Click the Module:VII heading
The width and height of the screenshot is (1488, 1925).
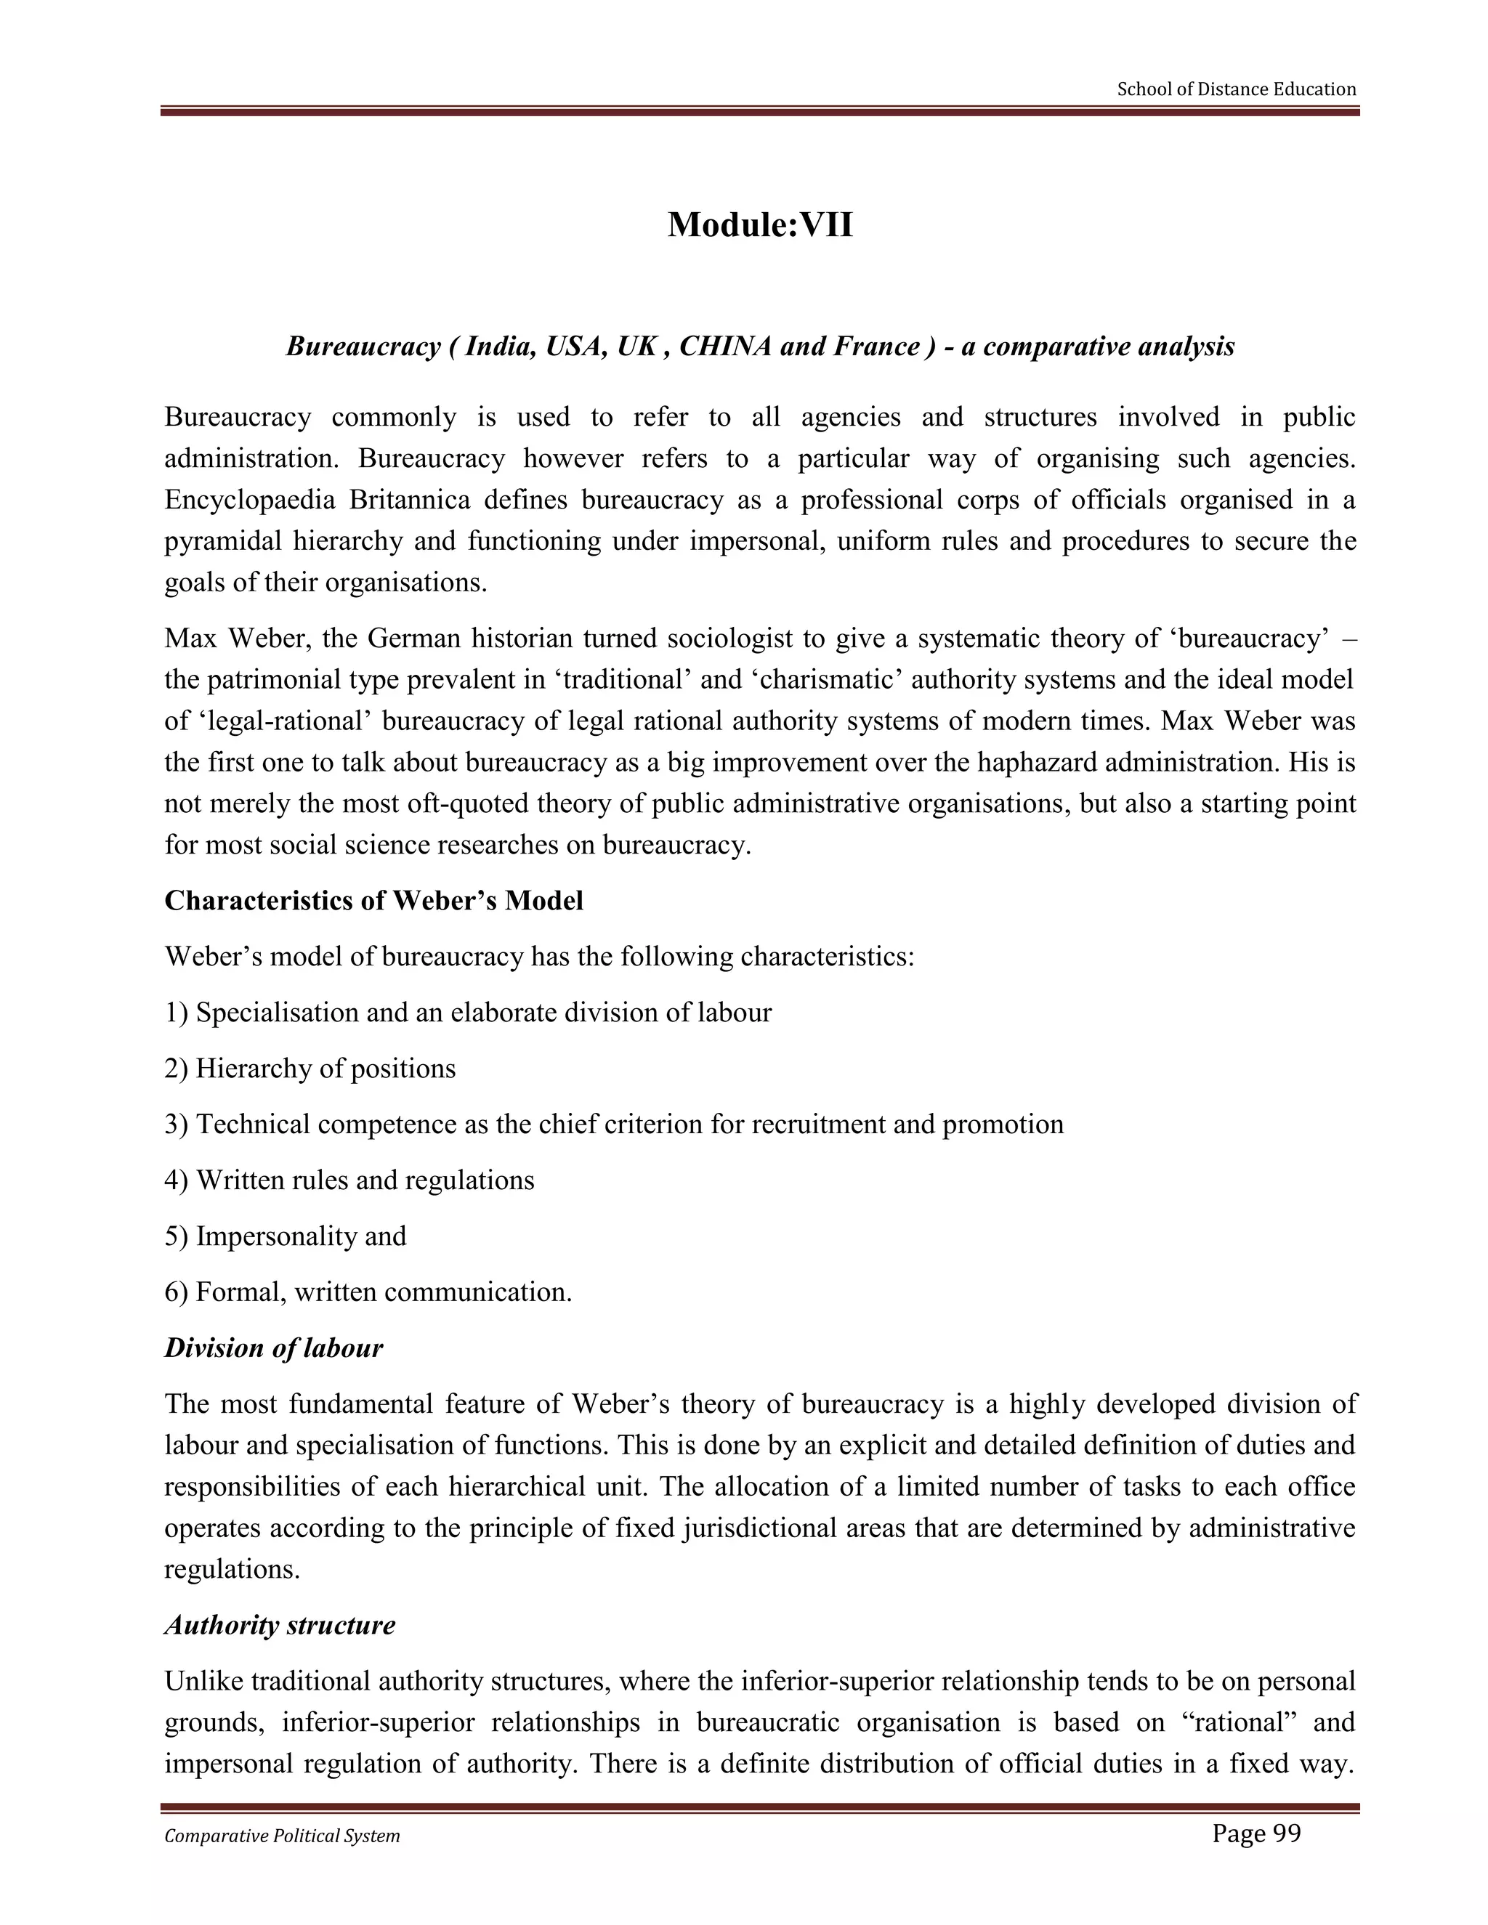760,224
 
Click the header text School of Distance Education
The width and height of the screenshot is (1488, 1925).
1236,89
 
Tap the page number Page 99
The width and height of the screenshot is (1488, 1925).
1256,1833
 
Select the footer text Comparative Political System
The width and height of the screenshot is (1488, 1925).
282,1836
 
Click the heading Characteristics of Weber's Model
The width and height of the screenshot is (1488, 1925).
373,901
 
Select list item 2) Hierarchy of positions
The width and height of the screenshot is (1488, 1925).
310,1069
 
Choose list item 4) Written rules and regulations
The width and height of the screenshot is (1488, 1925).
349,1180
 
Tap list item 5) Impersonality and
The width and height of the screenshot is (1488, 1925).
286,1236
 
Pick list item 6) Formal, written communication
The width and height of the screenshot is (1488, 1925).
368,1292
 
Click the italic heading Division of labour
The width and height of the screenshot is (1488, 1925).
273,1347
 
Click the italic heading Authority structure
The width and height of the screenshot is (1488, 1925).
280,1624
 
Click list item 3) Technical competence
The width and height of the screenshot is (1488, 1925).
613,1124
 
